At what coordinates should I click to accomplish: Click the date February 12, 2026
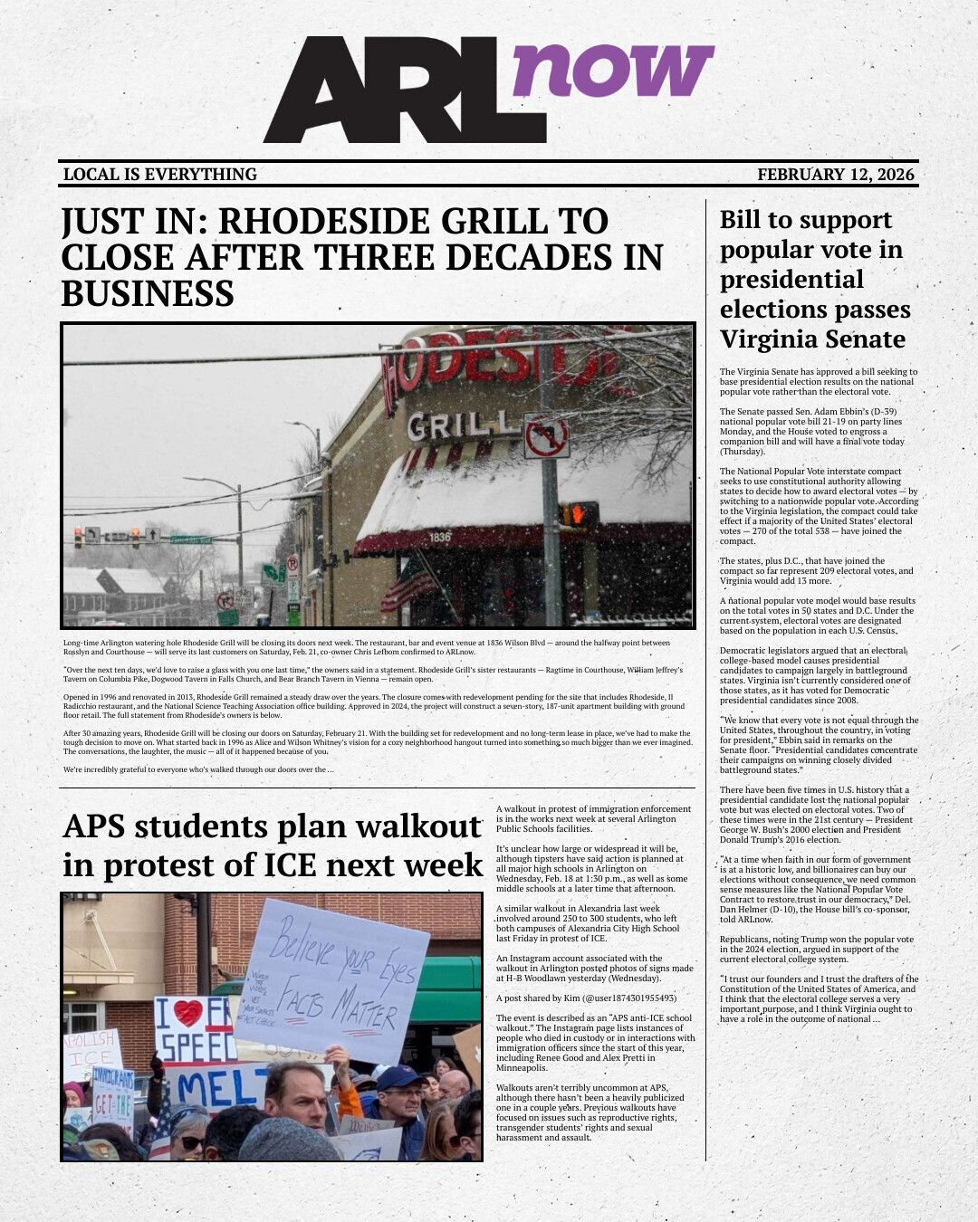coord(836,175)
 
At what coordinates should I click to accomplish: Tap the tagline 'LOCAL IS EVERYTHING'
coord(160,175)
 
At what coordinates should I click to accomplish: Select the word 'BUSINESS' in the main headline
coord(148,294)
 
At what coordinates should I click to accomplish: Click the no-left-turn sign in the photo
coord(546,436)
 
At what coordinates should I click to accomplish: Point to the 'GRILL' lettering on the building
coord(457,425)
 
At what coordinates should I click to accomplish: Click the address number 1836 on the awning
coord(441,537)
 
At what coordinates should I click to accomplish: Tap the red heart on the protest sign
coord(188,1013)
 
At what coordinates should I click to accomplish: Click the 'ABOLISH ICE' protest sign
coord(91,1051)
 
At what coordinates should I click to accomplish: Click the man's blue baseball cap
coord(400,1077)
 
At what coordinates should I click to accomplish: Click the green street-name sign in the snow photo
coord(190,539)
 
